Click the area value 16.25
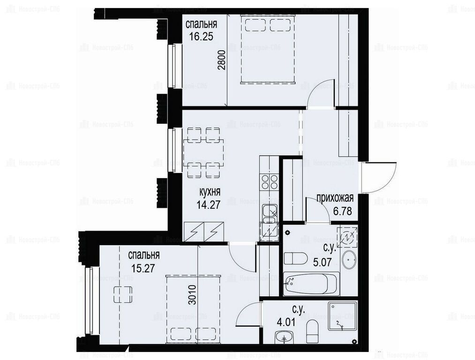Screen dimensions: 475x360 pos(201,37)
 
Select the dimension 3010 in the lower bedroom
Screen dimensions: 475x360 pos(192,294)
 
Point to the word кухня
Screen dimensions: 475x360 pos(210,192)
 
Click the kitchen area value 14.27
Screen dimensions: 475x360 pos(208,205)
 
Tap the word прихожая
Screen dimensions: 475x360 pos(335,198)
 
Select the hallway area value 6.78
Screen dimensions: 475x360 pos(343,211)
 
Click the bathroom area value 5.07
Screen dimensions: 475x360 pos(322,262)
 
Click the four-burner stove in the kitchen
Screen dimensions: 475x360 pos(270,181)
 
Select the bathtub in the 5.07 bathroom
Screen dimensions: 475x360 pos(311,284)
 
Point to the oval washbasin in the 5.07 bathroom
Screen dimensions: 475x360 pos(349,260)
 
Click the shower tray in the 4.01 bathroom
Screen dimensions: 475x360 pos(342,317)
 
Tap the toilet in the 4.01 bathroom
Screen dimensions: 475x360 pos(312,331)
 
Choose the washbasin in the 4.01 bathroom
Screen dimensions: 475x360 pos(284,337)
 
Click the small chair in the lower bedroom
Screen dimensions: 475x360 pos(123,294)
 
